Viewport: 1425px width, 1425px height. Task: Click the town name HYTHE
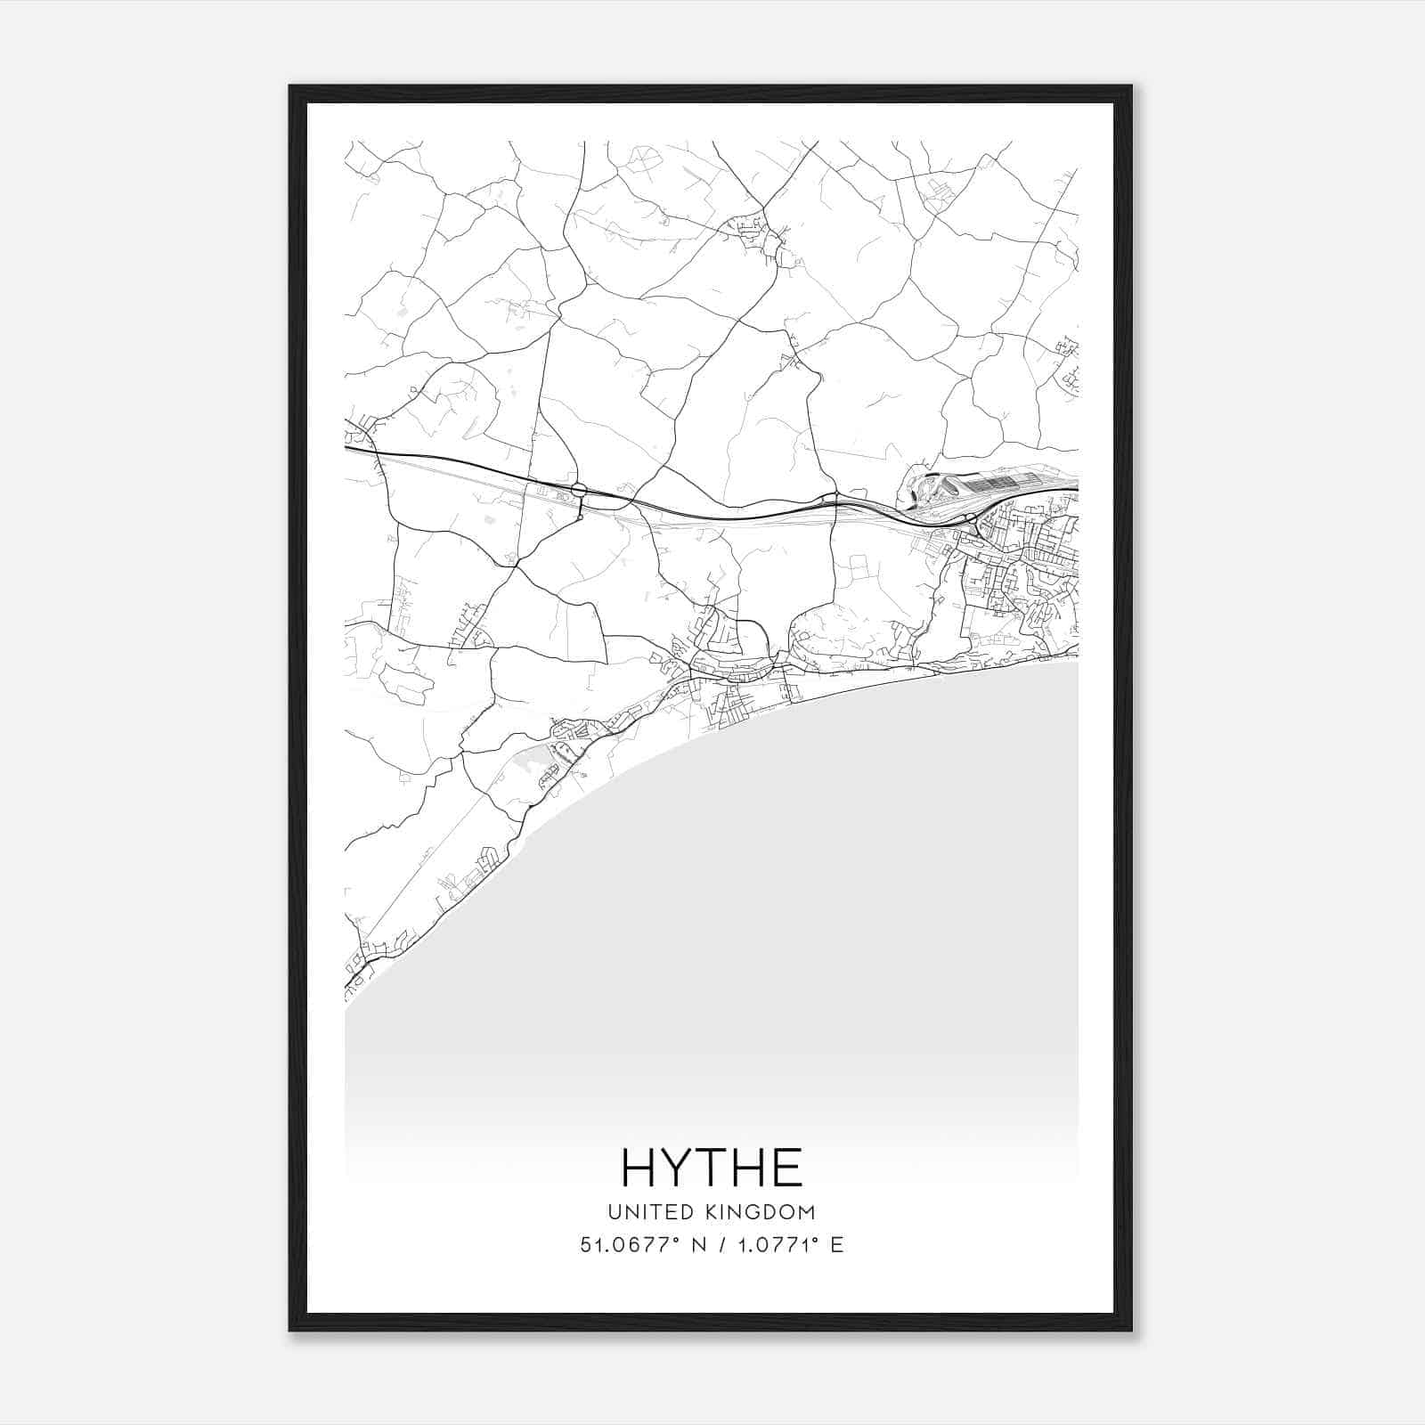click(712, 1168)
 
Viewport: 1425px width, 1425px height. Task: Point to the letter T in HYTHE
click(711, 1168)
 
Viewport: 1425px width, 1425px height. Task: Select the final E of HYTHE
click(788, 1168)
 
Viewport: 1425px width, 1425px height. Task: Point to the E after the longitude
click(837, 1245)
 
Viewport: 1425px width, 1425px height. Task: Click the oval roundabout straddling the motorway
click(579, 489)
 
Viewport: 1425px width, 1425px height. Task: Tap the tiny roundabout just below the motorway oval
click(580, 516)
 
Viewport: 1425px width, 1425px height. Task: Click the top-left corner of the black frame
click(290, 86)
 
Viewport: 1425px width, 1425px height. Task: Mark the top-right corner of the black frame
click(1131, 86)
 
